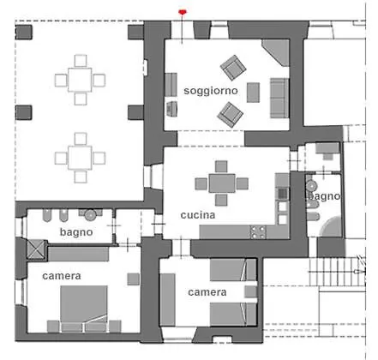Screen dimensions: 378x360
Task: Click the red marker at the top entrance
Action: pyautogui.click(x=183, y=12)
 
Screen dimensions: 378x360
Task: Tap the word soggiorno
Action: pyautogui.click(x=211, y=91)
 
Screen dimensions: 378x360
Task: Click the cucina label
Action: pyautogui.click(x=198, y=215)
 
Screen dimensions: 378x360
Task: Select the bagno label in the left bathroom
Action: pyautogui.click(x=76, y=232)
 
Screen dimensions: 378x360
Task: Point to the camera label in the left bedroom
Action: pyautogui.click(x=62, y=276)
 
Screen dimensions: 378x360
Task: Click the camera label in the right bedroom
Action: pyautogui.click(x=207, y=292)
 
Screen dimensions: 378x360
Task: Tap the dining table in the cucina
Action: pyautogui.click(x=222, y=183)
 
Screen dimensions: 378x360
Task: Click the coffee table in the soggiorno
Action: pyautogui.click(x=253, y=93)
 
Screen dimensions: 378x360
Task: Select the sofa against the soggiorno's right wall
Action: pyautogui.click(x=279, y=98)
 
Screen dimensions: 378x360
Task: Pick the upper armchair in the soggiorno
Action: pyautogui.click(x=233, y=68)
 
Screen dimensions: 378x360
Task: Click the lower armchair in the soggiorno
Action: pyautogui.click(x=230, y=115)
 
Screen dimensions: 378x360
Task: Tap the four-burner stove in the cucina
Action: pyautogui.click(x=258, y=232)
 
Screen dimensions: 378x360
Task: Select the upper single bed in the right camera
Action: pyautogui.click(x=233, y=270)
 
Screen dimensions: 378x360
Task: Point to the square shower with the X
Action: pyautogui.click(x=36, y=249)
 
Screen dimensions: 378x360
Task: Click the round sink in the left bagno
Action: pyautogui.click(x=91, y=215)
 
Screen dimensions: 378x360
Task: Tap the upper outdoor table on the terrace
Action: pyautogui.click(x=80, y=80)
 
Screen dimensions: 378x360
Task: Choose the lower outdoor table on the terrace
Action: pyautogui.click(x=80, y=158)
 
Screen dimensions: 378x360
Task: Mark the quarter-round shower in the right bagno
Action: pyautogui.click(x=333, y=227)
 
